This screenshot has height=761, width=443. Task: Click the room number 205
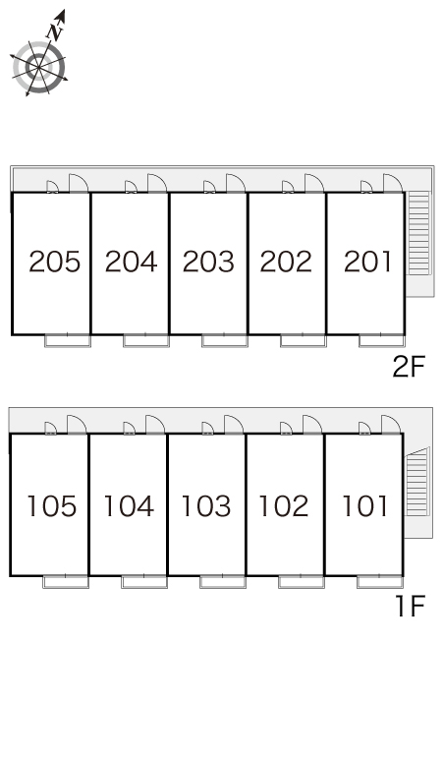[54, 262]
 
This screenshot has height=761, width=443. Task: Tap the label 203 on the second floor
[208, 262]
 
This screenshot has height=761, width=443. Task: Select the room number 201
[367, 262]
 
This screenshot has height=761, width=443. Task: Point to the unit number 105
[51, 506]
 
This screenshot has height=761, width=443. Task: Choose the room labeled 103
[205, 506]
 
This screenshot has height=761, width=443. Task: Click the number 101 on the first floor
[364, 506]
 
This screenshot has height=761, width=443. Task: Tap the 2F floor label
[409, 367]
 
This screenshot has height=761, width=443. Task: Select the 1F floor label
[411, 607]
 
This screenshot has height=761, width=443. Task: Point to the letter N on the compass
[55, 31]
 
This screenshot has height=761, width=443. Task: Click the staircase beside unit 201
[418, 233]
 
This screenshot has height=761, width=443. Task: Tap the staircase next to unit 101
[417, 482]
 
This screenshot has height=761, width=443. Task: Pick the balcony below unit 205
[68, 341]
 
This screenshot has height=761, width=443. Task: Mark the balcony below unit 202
[304, 341]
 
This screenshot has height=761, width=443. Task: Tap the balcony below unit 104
[144, 581]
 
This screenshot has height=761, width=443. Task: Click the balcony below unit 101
[380, 581]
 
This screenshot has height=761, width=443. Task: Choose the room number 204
[131, 262]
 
